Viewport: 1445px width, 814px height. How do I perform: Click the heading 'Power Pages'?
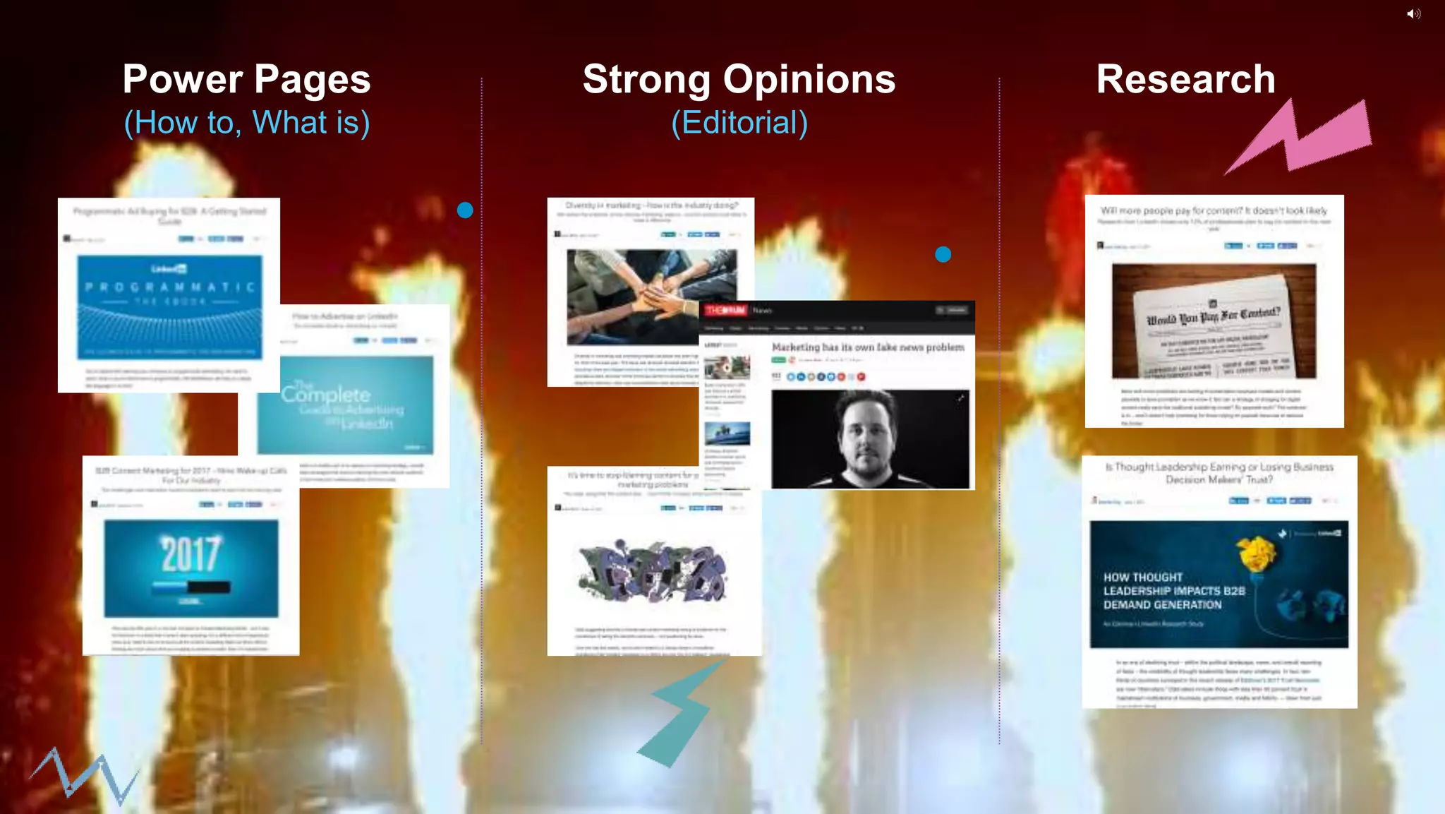(x=246, y=79)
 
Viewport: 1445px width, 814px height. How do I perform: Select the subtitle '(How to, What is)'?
(x=246, y=123)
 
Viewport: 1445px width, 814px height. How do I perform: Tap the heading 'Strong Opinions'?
(x=739, y=79)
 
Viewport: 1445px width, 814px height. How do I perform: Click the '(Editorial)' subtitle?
(x=739, y=123)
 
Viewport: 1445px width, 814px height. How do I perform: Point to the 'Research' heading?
(x=1185, y=79)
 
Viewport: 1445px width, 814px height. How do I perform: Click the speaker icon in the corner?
(x=1413, y=14)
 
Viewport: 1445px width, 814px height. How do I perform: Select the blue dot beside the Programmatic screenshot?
(x=465, y=210)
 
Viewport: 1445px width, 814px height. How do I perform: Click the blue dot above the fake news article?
(x=943, y=254)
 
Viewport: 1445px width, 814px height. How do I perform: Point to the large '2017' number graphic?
(x=191, y=554)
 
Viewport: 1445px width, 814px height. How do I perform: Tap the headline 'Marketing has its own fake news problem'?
(x=867, y=347)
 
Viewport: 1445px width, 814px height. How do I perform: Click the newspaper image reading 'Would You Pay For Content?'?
(x=1214, y=321)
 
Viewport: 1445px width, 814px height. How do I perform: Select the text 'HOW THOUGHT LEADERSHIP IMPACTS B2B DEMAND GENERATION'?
(x=1174, y=591)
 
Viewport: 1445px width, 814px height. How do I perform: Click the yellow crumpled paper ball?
(x=1257, y=553)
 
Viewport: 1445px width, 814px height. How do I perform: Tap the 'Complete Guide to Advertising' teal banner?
(x=345, y=405)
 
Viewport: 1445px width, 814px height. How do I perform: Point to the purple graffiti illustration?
(x=651, y=570)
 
